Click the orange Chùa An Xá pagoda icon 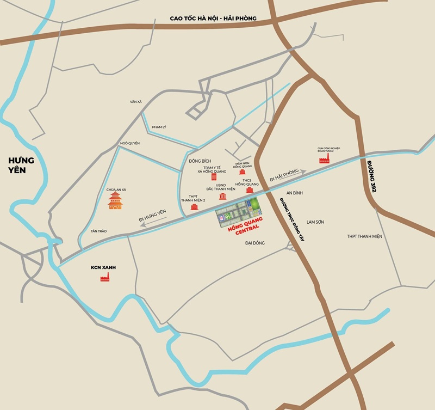[115, 200]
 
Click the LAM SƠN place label [315, 222]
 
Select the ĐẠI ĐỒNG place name [254, 243]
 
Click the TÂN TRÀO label [98, 231]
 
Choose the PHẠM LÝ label [159, 127]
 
